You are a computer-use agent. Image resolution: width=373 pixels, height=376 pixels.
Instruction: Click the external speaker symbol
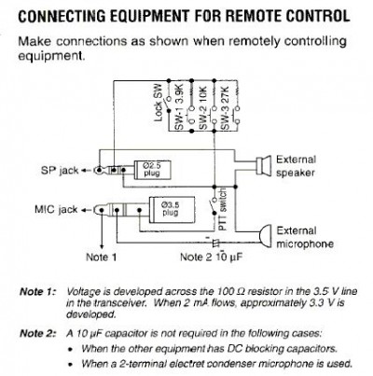pos(263,165)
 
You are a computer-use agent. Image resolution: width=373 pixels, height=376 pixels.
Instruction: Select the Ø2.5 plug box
pos(152,170)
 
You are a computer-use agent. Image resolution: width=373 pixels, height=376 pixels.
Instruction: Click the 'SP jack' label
pos(60,171)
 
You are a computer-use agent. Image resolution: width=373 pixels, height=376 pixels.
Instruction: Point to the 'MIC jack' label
pos(56,210)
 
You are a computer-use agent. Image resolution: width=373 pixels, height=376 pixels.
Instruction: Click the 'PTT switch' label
pos(222,210)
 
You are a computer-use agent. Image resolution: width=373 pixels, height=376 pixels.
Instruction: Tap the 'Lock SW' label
pos(159,103)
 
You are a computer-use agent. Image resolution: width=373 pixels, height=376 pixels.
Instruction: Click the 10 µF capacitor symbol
pos(215,243)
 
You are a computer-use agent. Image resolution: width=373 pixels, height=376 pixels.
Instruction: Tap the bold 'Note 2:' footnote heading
pos(38,334)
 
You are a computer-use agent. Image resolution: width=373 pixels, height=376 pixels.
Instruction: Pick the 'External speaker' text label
pos(296,166)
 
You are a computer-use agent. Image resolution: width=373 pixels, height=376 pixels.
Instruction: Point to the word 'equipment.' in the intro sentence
pos(51,57)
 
